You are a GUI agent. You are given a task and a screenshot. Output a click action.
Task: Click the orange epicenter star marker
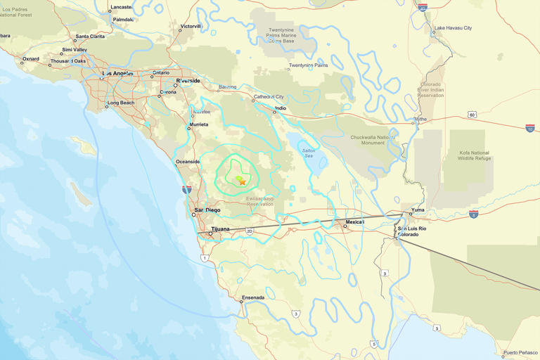[242, 181]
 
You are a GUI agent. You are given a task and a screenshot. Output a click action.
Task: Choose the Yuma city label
[418, 209]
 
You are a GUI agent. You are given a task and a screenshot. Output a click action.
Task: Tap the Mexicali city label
[354, 221]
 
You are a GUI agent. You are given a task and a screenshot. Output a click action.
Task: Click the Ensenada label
[252, 297]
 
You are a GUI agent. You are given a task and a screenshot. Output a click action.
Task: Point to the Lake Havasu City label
[453, 28]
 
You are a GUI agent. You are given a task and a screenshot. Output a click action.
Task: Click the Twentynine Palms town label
[308, 65]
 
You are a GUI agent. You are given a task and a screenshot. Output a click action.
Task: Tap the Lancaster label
[122, 8]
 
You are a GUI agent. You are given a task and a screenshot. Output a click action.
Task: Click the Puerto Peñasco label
[520, 353]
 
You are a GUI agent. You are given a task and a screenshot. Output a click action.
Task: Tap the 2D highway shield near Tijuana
[250, 231]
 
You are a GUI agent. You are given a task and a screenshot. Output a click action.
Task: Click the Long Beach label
[120, 103]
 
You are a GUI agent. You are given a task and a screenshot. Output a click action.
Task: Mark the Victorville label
[190, 26]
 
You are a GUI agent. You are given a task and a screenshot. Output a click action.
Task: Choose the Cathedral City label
[269, 96]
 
